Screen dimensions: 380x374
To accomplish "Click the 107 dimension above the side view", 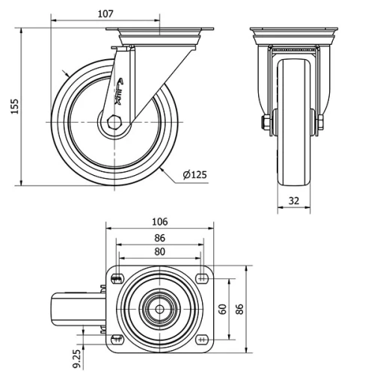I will (105, 13).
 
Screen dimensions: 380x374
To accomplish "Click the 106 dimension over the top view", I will (159, 221).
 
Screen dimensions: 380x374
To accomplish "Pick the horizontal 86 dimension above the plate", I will (159, 238).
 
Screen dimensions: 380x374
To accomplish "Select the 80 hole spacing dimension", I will (159, 252).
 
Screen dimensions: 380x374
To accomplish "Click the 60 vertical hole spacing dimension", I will (223, 309).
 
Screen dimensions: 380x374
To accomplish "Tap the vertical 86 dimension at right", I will (239, 309).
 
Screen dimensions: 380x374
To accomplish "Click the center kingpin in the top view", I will (159, 309).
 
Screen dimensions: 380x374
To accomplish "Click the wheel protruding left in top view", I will (75, 309).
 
